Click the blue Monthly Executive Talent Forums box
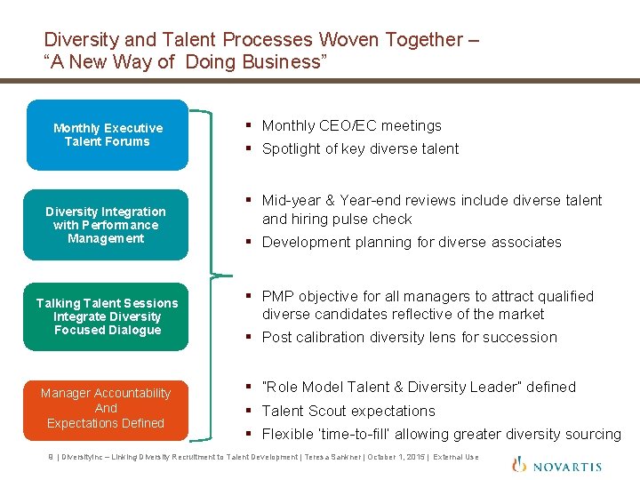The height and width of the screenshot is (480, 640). pyautogui.click(x=108, y=135)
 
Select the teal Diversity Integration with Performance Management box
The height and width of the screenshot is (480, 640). pyautogui.click(x=106, y=225)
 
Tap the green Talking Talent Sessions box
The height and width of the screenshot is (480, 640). pyautogui.click(x=107, y=316)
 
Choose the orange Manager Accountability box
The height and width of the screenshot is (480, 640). pyautogui.click(x=106, y=408)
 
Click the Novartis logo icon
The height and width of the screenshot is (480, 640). pyautogui.click(x=519, y=464)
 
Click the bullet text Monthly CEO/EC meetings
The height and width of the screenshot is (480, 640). pyautogui.click(x=351, y=126)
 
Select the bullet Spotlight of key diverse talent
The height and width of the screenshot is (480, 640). pyautogui.click(x=360, y=149)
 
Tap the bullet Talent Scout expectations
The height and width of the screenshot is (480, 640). pyautogui.click(x=348, y=411)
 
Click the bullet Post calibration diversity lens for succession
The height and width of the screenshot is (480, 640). pyautogui.click(x=409, y=337)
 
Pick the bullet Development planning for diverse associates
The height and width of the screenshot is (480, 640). pyautogui.click(x=412, y=242)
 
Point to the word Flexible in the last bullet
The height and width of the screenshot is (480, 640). pyautogui.click(x=288, y=434)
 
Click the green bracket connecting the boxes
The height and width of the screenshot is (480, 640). pyautogui.click(x=211, y=272)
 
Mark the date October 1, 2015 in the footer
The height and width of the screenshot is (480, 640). pyautogui.click(x=391, y=457)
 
